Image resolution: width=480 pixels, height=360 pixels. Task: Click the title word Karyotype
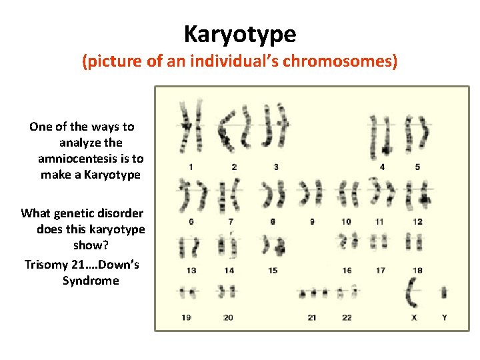tap(240, 33)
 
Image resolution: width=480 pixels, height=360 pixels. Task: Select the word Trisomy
tap(47, 265)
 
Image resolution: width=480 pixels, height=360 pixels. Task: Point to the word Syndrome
tap(91, 281)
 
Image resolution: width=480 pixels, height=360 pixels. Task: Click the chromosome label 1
tap(191, 167)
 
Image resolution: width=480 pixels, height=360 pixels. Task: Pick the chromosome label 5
tap(417, 167)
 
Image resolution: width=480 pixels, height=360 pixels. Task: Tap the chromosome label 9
tap(312, 221)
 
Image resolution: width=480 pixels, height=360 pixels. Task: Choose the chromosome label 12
tap(417, 221)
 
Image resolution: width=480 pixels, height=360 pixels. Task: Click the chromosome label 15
tap(273, 270)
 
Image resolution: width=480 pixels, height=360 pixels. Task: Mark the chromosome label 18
tap(417, 270)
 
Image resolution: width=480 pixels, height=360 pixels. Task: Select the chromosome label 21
tap(312, 317)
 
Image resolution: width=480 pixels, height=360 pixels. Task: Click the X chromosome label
tap(414, 317)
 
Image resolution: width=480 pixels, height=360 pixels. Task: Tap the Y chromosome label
tap(444, 317)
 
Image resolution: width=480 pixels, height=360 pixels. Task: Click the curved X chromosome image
tap(412, 293)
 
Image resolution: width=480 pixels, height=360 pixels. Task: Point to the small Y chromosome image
tap(444, 293)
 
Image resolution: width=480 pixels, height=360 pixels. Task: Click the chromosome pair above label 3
tap(275, 125)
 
